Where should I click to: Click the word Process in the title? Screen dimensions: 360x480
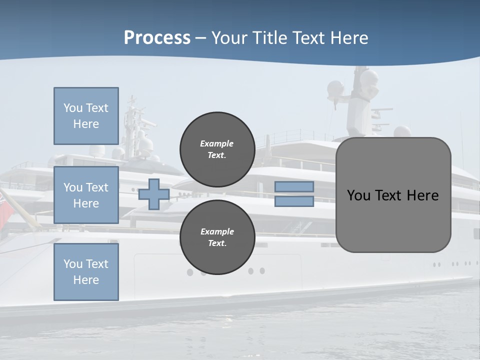click(x=157, y=38)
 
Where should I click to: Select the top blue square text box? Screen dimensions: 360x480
click(x=86, y=116)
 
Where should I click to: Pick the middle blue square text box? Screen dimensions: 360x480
click(x=86, y=195)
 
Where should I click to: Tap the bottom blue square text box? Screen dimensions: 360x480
click(x=86, y=272)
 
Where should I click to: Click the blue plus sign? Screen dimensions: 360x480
click(x=153, y=194)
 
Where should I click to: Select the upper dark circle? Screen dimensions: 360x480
click(x=217, y=149)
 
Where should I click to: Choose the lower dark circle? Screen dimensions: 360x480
click(x=217, y=237)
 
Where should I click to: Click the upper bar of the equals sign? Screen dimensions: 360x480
click(x=294, y=187)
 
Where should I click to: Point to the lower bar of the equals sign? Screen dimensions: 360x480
click(x=294, y=201)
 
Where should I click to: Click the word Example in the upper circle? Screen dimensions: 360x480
click(x=216, y=143)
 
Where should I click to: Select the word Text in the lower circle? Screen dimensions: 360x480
click(x=216, y=243)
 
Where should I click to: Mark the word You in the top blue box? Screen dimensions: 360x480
click(x=72, y=108)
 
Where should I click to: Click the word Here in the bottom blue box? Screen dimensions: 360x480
click(x=86, y=280)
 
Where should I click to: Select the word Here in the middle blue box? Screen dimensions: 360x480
click(x=86, y=203)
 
